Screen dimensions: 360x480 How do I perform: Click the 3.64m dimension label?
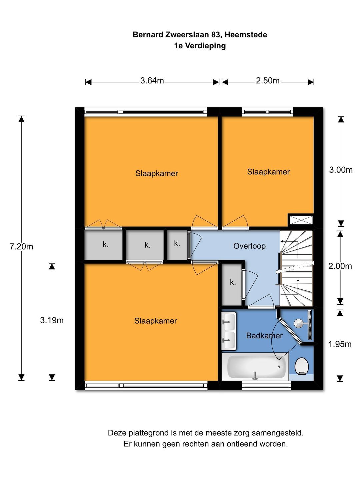(x=152, y=81)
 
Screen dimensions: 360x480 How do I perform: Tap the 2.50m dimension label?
(x=268, y=81)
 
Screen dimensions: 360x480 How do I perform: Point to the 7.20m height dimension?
(x=21, y=247)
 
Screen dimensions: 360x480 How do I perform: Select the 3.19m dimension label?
(x=52, y=320)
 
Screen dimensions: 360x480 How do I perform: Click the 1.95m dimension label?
(x=340, y=344)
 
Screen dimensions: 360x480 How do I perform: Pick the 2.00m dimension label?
(x=340, y=266)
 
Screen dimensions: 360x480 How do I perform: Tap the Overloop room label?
(x=249, y=246)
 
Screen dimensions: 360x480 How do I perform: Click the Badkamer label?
(x=264, y=336)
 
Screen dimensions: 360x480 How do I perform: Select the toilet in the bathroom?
(x=302, y=366)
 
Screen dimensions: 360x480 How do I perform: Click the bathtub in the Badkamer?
(x=255, y=367)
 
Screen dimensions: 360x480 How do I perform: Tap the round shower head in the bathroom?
(x=298, y=323)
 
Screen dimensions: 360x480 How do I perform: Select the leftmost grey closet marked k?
(x=103, y=245)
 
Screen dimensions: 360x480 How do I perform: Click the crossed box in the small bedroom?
(x=301, y=220)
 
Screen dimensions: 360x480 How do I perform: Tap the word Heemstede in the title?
(x=246, y=35)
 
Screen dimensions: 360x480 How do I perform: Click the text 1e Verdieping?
(x=200, y=46)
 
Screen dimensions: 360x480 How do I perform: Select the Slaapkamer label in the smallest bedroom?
(x=268, y=172)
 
